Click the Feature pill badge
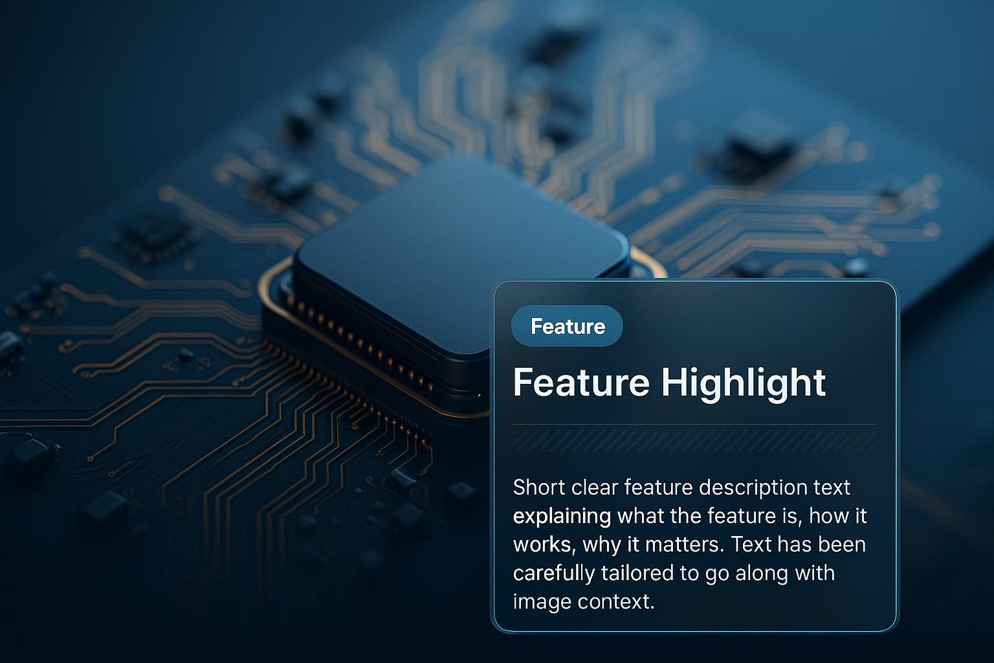(567, 326)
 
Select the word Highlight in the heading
(744, 385)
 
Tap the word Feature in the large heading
(581, 383)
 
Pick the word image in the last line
(542, 603)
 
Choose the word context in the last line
(616, 602)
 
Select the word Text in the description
(751, 545)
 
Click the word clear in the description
(595, 487)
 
